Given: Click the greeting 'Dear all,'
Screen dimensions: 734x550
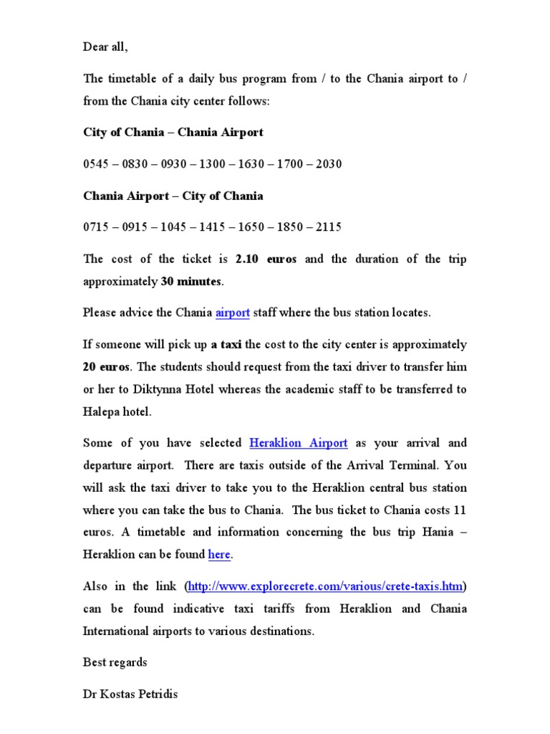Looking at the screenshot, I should (x=106, y=47).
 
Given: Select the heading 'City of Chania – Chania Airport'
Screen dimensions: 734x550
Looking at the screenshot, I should (x=173, y=133).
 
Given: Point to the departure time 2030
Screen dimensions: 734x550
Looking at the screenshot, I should (x=327, y=164).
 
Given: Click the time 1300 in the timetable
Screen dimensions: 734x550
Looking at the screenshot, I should (x=212, y=164).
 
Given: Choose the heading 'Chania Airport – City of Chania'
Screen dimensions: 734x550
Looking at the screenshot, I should (x=173, y=196).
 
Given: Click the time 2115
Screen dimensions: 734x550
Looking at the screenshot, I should (x=327, y=227).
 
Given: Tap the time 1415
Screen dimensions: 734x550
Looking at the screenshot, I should (x=212, y=227).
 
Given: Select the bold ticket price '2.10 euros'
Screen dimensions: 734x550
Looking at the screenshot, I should (x=266, y=259).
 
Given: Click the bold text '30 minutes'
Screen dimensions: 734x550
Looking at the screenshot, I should (x=190, y=282).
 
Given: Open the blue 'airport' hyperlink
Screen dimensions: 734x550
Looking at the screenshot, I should (x=233, y=313).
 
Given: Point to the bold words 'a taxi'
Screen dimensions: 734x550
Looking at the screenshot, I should (x=226, y=345).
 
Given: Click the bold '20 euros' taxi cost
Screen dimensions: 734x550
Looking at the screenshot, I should (x=106, y=367).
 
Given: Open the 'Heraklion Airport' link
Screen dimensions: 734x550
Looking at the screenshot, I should (x=298, y=444).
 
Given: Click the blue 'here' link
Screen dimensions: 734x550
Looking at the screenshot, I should (x=219, y=555).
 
